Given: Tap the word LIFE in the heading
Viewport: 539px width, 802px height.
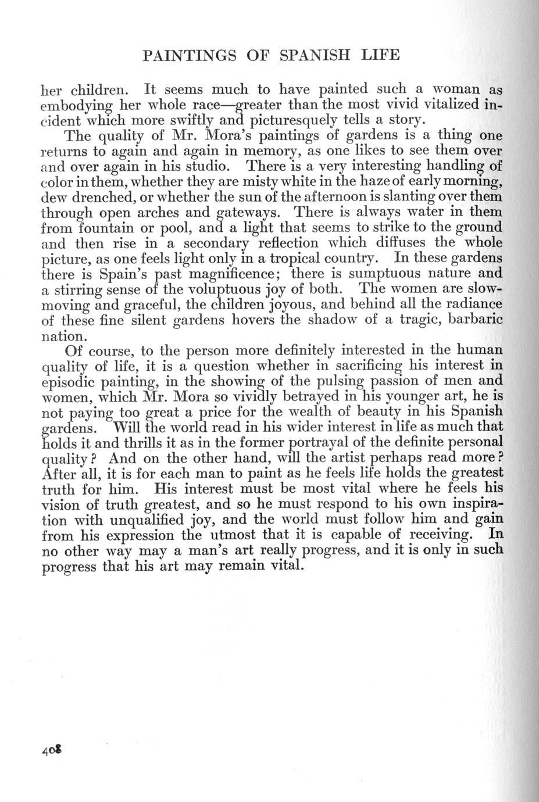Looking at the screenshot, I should (x=380, y=55).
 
